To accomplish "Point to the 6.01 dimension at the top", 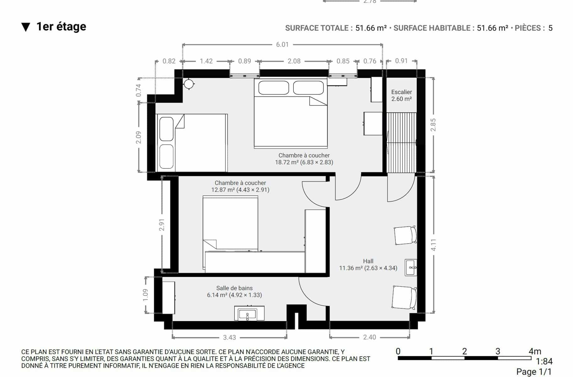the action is point(282,45).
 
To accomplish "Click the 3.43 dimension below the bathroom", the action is point(229,337).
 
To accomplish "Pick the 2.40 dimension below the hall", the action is point(369,337).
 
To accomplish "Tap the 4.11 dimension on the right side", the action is point(433,245).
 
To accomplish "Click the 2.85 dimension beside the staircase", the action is point(433,125).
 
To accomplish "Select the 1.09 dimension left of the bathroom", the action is point(145,295).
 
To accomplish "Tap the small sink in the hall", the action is point(411,268).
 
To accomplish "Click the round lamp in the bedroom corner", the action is point(189,84).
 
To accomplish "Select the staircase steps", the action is point(402,142).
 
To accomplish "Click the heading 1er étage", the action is point(61,27).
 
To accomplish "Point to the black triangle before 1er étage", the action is point(26,27).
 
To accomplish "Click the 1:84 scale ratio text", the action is point(544,361).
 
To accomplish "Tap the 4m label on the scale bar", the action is point(535,351).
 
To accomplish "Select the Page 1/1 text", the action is point(534,372).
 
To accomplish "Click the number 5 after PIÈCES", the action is point(550,28).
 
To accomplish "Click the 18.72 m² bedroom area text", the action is point(286,162).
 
